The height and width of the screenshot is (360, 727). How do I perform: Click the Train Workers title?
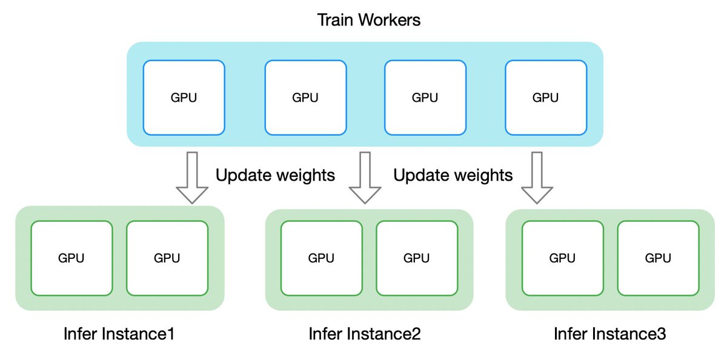tap(369, 19)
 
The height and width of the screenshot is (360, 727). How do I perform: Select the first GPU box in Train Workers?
tap(184, 97)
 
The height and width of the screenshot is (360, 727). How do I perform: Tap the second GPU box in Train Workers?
tap(306, 97)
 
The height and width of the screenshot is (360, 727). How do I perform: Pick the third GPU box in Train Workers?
tap(426, 97)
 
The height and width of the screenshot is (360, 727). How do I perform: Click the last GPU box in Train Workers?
tap(546, 97)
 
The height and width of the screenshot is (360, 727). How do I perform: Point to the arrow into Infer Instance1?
tap(191, 178)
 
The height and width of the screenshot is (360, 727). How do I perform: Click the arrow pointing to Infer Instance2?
tap(365, 178)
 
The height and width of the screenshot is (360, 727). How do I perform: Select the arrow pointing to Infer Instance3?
tap(537, 178)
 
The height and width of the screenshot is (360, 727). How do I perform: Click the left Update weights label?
tap(275, 176)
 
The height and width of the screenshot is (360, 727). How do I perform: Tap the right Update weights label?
tap(453, 176)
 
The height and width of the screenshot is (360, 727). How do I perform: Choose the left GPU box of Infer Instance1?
tap(71, 258)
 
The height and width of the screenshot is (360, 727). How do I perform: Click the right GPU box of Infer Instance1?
tap(167, 258)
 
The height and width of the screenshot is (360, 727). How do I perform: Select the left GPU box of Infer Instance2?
tap(322, 258)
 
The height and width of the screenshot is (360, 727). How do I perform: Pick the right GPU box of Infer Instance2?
tap(417, 258)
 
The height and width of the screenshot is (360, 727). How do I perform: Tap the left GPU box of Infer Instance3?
tap(563, 258)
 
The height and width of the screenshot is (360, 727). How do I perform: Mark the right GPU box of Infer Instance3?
tap(658, 258)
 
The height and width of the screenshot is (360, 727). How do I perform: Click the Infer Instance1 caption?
tap(119, 334)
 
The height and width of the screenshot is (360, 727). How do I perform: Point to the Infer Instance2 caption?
tap(365, 334)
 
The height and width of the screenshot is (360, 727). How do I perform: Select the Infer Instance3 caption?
tap(610, 334)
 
